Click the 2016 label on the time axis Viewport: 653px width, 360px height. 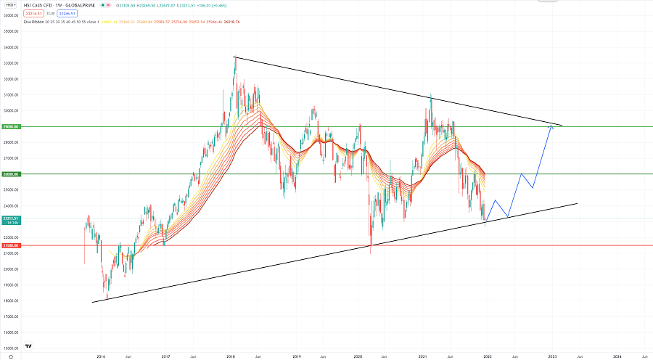click(100, 356)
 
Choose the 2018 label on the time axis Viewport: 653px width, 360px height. click(231, 356)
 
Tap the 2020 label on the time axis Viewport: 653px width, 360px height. click(359, 356)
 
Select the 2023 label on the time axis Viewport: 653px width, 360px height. click(552, 356)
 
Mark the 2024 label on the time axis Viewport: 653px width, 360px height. click(616, 356)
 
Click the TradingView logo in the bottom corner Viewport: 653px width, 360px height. click(28, 347)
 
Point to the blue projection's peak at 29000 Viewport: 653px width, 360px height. click(551, 126)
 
